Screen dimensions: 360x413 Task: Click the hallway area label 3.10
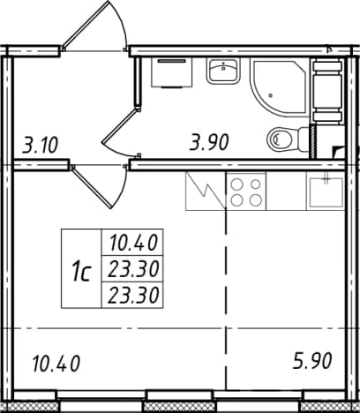40,145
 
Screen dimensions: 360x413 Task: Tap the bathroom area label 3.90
209,142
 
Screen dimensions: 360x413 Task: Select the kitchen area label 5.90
312,361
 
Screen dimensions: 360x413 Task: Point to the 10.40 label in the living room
56,364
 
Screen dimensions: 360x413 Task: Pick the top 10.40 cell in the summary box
133,243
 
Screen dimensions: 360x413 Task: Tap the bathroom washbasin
223,71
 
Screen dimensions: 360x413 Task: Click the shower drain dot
271,95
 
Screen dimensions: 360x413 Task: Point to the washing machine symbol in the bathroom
172,72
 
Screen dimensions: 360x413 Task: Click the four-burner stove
246,191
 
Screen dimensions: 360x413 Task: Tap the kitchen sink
325,191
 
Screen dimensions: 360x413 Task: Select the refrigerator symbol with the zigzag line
206,191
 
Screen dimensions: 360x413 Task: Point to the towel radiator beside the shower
328,90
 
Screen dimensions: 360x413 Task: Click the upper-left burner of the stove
236,184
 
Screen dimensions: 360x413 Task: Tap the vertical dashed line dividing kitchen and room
226,298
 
